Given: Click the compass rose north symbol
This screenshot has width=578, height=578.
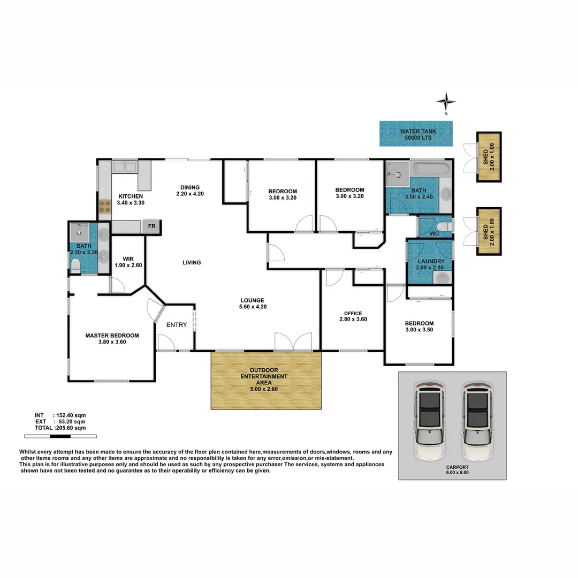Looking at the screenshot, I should [x=445, y=101].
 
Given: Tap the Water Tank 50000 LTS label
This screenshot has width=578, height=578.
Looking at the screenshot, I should [x=416, y=134].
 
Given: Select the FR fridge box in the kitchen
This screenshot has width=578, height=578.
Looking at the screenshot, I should [x=152, y=226].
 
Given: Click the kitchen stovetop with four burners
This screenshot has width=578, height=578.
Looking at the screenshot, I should [x=104, y=207].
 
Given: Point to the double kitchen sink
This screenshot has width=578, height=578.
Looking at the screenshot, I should [x=124, y=167].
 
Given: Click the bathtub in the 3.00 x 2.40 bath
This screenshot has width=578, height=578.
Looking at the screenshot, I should [x=431, y=169].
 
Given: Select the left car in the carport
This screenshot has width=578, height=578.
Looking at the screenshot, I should [x=429, y=422].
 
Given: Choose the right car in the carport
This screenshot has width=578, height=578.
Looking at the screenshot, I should [x=476, y=422].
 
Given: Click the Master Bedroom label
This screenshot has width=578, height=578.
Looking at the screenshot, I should [x=112, y=339].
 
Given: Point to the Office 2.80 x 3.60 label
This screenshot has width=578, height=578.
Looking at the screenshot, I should [x=353, y=316].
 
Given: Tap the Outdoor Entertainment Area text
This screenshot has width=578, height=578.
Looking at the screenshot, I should [x=267, y=376].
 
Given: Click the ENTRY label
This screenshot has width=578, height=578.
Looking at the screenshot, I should [x=177, y=325].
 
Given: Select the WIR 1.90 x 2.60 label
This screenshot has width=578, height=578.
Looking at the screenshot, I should [x=127, y=261].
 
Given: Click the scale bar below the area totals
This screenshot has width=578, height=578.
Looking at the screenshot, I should [x=55, y=437].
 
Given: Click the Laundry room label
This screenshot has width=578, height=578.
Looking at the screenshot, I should [x=431, y=264].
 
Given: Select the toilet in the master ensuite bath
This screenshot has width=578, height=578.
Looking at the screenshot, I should [x=75, y=265].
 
